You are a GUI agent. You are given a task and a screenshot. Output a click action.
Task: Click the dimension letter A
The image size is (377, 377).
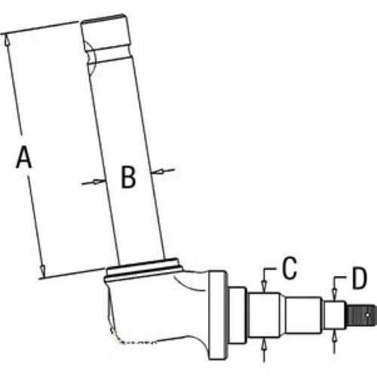[24, 158]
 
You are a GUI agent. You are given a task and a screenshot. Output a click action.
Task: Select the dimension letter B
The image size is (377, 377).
[128, 176]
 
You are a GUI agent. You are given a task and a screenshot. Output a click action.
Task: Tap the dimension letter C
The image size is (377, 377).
[290, 268]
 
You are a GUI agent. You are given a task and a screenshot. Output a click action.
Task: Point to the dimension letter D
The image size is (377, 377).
[360, 278]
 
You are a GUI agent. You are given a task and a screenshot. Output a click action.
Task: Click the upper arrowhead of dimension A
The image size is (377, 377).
[8, 40]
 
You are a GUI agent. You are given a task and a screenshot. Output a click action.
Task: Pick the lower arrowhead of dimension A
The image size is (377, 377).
[42, 271]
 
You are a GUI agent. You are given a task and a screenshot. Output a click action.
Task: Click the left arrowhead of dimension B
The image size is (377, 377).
[99, 181]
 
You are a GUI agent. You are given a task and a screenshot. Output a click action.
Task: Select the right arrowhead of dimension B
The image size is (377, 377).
[157, 172]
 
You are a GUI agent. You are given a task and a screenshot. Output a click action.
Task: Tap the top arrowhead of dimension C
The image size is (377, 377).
[264, 287]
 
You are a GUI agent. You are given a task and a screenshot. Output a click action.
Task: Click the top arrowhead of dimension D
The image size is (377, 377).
[334, 295]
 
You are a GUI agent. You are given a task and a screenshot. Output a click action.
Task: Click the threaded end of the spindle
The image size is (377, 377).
[361, 315]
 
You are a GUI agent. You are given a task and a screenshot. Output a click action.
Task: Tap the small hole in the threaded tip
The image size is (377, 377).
[368, 314]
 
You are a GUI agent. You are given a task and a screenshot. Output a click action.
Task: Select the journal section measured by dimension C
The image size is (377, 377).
[264, 315]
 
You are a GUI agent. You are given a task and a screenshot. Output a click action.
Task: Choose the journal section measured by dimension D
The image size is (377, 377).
[334, 315]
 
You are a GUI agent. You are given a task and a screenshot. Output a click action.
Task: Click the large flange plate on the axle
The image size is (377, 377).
[218, 314]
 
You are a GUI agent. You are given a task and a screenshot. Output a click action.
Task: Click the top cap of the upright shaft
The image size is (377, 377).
[106, 32]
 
